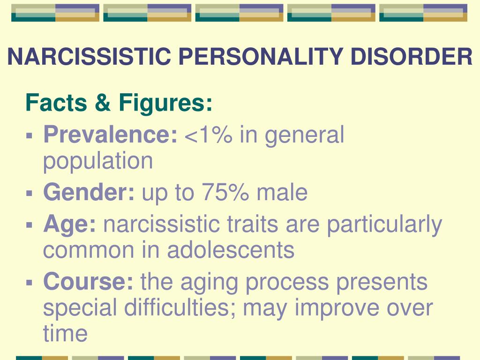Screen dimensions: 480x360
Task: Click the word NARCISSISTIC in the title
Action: point(89,56)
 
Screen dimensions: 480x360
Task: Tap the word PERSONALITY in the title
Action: point(261,56)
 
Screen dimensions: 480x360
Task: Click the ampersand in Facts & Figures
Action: point(103,102)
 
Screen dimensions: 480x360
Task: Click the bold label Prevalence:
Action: point(110,134)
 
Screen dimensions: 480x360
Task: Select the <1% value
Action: point(209,135)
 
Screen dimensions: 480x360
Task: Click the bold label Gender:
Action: point(89,192)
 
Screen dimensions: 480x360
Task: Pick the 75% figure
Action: point(225,192)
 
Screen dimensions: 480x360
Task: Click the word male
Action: point(282,192)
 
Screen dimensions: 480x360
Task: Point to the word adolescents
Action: point(231,249)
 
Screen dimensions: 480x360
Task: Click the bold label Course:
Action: point(89,281)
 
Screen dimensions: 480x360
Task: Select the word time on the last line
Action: point(65,333)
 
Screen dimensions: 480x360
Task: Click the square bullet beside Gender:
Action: point(30,193)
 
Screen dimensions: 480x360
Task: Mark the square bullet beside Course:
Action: point(30,282)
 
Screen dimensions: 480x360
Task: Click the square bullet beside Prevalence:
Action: point(30,135)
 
